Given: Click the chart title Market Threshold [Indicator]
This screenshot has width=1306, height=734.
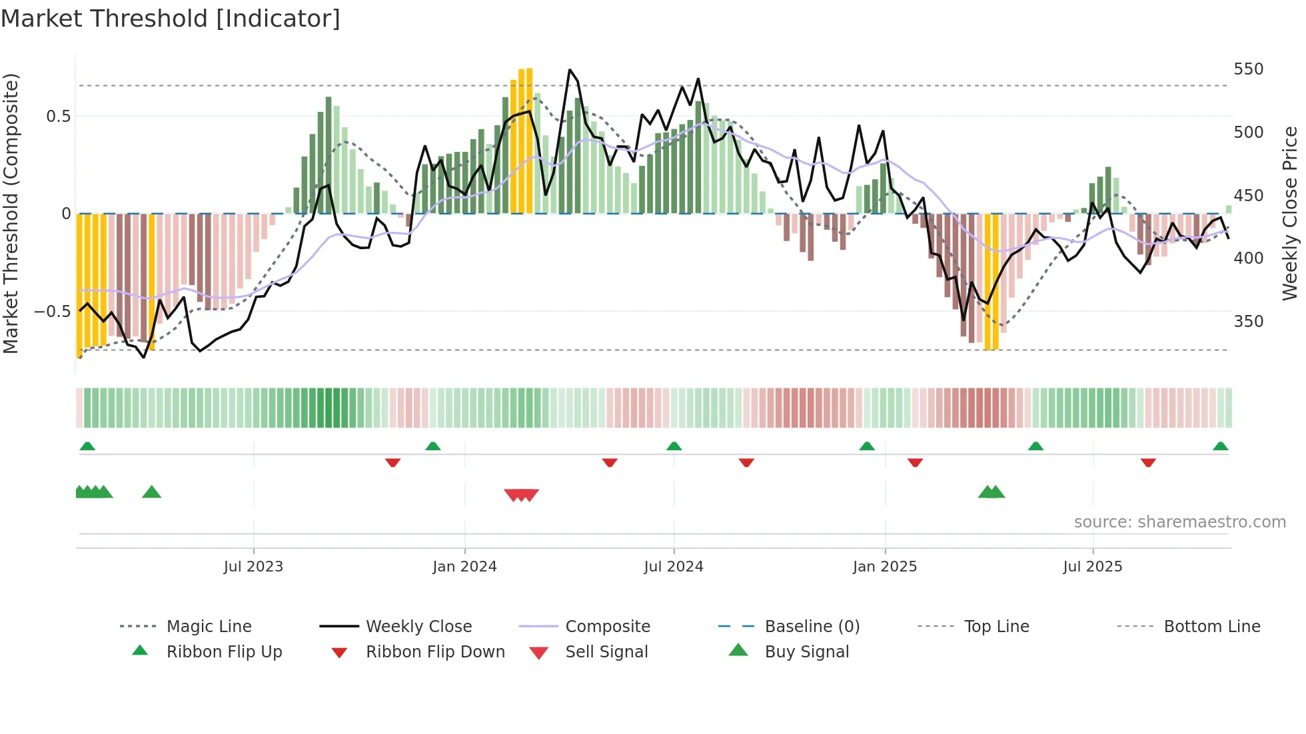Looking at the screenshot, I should (171, 19).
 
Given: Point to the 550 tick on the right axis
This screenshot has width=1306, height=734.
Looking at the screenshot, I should (1248, 69).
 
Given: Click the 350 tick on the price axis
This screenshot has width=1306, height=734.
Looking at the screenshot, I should (1248, 322).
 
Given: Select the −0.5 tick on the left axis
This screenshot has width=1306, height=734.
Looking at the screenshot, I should (53, 312).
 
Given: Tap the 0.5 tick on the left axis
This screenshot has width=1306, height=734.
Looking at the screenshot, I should (58, 117).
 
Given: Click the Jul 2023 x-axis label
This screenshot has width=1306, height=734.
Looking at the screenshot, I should (253, 567).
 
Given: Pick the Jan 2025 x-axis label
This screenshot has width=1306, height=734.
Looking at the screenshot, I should (884, 567).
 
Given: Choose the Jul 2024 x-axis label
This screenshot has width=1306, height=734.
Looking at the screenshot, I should (673, 567).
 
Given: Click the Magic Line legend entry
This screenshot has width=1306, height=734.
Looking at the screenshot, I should (209, 627).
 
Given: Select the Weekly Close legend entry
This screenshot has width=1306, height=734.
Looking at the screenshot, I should (418, 627).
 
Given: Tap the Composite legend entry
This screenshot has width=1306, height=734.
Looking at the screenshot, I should (607, 627).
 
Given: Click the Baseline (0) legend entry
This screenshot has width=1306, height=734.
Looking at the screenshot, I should (812, 627).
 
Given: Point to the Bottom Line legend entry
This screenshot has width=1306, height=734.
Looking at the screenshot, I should (1211, 627).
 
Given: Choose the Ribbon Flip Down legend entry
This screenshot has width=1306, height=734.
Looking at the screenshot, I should (435, 652).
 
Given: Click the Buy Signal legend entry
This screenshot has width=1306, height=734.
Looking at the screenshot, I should (806, 652).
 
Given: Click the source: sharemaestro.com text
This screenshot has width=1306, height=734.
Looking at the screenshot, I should (1179, 522).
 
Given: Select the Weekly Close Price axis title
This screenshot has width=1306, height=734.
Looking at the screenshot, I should (1290, 213).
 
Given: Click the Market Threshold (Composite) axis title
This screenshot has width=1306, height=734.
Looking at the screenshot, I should (11, 213).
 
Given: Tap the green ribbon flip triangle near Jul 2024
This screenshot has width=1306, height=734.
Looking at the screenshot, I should (674, 446).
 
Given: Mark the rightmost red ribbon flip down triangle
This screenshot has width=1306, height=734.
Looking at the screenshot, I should (1147, 462).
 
